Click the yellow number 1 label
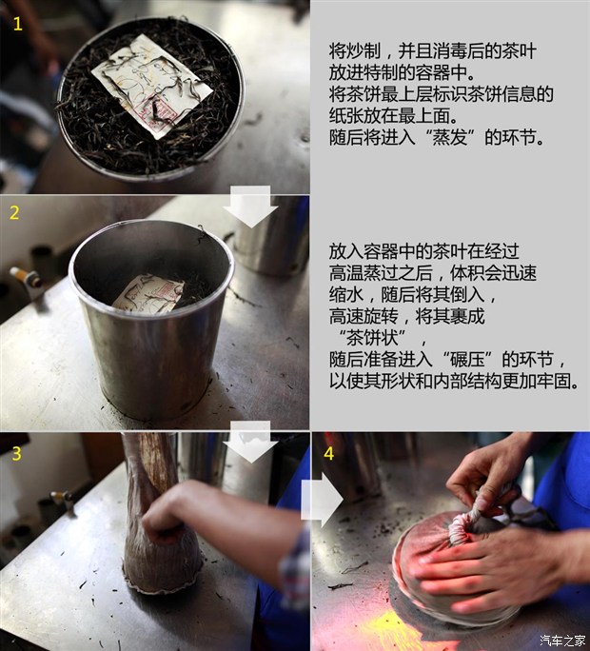pos(17,25)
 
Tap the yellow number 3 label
pos(15,454)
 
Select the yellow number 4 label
pos(328,454)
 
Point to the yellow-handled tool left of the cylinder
pos(24,278)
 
